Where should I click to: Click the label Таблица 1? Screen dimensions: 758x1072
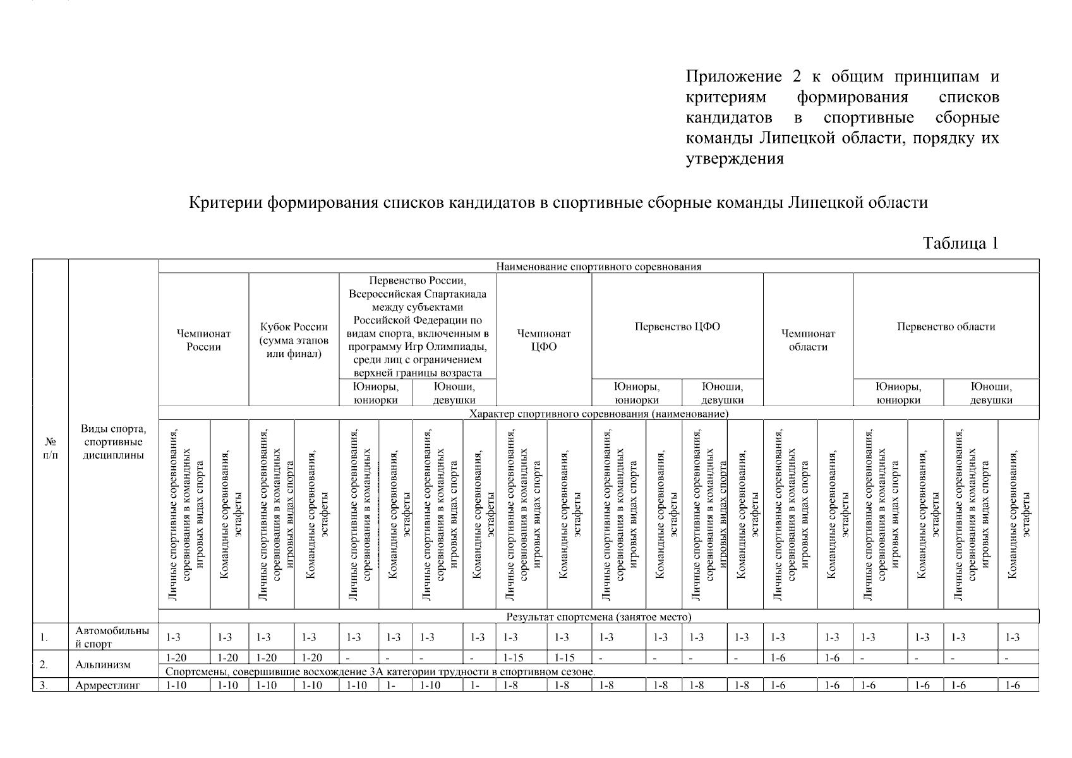pyautogui.click(x=960, y=244)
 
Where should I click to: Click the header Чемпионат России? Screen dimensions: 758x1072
pyautogui.click(x=203, y=340)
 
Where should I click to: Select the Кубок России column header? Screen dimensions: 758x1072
pyautogui.click(x=294, y=340)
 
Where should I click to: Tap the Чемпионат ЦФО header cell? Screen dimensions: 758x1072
pyautogui.click(x=544, y=340)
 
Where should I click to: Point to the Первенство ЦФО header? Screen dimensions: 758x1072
pyautogui.click(x=677, y=327)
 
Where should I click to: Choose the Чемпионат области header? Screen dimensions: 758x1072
pyautogui.click(x=808, y=340)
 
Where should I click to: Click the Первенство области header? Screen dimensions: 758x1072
pyautogui.click(x=946, y=327)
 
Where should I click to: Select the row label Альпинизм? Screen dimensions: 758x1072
pyautogui.click(x=103, y=665)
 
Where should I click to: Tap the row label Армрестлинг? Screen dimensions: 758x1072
pyautogui.click(x=107, y=685)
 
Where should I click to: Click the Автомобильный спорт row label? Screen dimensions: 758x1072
pyautogui.click(x=112, y=637)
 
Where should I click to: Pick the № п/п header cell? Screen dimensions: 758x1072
pyautogui.click(x=51, y=448)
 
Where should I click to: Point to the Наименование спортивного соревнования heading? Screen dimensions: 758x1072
pyautogui.click(x=598, y=267)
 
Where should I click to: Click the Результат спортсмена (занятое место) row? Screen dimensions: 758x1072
pyautogui.click(x=598, y=617)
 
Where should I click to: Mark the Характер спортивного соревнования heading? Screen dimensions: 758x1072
pyautogui.click(x=598, y=414)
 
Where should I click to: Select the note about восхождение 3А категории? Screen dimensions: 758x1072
pyautogui.click(x=379, y=671)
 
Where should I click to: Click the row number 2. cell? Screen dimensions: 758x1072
pyautogui.click(x=44, y=665)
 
